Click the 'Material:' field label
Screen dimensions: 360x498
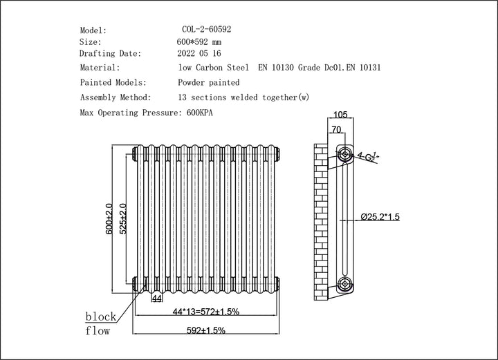pyautogui.click(x=100, y=68)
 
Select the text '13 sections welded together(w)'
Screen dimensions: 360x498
pyautogui.click(x=238, y=97)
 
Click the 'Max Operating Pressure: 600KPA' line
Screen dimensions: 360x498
pyautogui.click(x=147, y=112)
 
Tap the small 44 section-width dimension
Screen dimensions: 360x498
pyautogui.click(x=156, y=298)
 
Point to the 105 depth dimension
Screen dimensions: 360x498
pyautogui.click(x=340, y=115)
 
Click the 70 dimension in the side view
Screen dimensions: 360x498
pyautogui.click(x=335, y=129)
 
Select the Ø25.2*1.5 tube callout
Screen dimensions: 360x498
pyautogui.click(x=380, y=217)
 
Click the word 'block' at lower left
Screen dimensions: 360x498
pyautogui.click(x=100, y=317)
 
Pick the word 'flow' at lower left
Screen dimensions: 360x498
pyautogui.click(x=98, y=331)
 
